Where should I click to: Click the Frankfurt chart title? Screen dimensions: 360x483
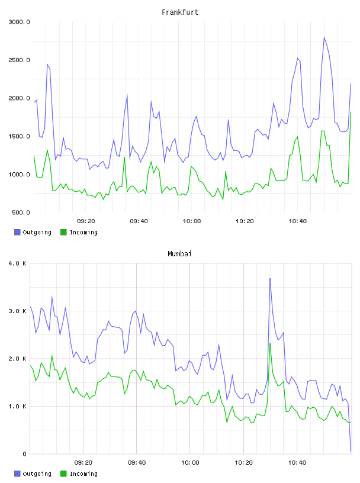click(x=180, y=12)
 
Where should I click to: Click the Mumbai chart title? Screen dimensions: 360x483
click(x=179, y=254)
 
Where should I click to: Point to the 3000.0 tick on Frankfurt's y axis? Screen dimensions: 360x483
click(x=19, y=22)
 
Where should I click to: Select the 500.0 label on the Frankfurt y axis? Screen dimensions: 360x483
click(x=21, y=212)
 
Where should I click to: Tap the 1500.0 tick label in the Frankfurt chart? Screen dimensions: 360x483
click(x=19, y=137)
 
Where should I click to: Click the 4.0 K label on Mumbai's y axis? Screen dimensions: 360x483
click(x=17, y=263)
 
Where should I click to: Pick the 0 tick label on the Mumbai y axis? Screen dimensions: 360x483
click(x=24, y=454)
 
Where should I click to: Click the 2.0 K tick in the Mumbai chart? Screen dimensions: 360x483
click(x=17, y=359)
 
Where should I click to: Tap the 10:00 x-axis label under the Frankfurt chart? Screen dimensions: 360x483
click(x=192, y=221)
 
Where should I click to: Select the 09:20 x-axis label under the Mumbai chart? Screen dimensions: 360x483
click(x=83, y=463)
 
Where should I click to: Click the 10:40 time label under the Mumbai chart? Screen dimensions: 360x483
click(x=297, y=463)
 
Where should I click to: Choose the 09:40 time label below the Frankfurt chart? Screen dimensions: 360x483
click(x=139, y=221)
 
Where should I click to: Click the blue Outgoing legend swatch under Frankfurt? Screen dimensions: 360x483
click(x=17, y=232)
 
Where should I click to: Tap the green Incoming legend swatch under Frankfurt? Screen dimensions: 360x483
click(x=63, y=232)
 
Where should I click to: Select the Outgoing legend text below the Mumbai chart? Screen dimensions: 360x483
click(x=37, y=474)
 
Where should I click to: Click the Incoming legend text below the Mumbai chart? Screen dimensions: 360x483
click(x=83, y=474)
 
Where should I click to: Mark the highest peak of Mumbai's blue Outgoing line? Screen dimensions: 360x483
click(x=270, y=278)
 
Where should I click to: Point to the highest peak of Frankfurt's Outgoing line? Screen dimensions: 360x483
click(x=324, y=37)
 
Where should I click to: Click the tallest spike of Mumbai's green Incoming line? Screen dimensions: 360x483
click(x=270, y=343)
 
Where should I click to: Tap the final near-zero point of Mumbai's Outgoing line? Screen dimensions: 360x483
click(x=351, y=451)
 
